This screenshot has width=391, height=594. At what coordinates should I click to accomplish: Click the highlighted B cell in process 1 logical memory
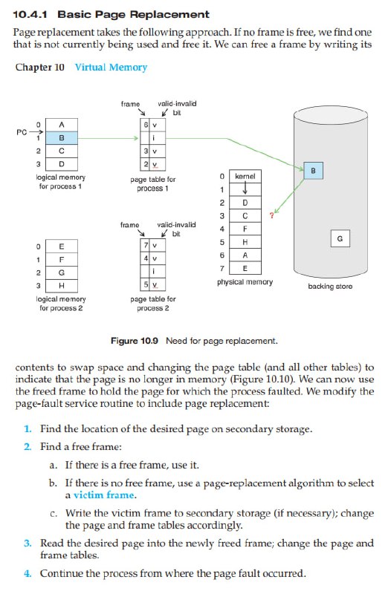pyautogui.click(x=62, y=138)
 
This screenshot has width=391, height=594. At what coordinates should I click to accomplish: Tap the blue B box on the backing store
pyautogui.click(x=313, y=171)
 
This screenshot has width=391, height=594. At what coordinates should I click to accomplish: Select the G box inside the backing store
pyautogui.click(x=340, y=238)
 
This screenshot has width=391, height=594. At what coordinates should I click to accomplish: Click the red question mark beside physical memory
pyautogui.click(x=271, y=216)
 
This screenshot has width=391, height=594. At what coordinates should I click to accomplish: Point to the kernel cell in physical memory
pyautogui.click(x=245, y=176)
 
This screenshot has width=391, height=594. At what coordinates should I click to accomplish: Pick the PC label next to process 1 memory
pyautogui.click(x=22, y=132)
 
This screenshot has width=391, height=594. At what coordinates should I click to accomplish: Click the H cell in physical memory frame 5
pyautogui.click(x=245, y=242)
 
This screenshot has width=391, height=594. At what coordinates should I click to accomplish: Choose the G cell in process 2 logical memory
pyautogui.click(x=62, y=272)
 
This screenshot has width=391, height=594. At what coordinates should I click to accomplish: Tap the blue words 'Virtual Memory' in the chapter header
pyautogui.click(x=111, y=67)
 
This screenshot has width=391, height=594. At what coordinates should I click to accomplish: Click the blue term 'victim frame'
pyautogui.click(x=104, y=495)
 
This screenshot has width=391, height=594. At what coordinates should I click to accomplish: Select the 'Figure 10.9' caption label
pyautogui.click(x=135, y=341)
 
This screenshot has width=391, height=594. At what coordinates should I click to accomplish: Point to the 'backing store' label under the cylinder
pyautogui.click(x=330, y=287)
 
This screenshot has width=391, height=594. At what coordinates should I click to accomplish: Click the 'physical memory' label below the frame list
pyautogui.click(x=245, y=282)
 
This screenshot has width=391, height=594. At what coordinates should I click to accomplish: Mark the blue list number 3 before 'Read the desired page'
pyautogui.click(x=28, y=544)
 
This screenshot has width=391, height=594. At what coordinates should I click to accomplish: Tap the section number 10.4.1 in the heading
pyautogui.click(x=30, y=15)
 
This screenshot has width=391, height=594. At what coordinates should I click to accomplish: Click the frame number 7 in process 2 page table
pyautogui.click(x=146, y=246)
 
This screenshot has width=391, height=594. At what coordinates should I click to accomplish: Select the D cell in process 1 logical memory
pyautogui.click(x=62, y=164)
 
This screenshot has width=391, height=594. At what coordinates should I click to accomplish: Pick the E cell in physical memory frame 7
pyautogui.click(x=245, y=268)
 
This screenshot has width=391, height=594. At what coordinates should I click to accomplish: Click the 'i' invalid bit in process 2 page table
pyautogui.click(x=153, y=271)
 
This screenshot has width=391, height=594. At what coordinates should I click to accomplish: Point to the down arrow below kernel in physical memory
pyautogui.click(x=245, y=189)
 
